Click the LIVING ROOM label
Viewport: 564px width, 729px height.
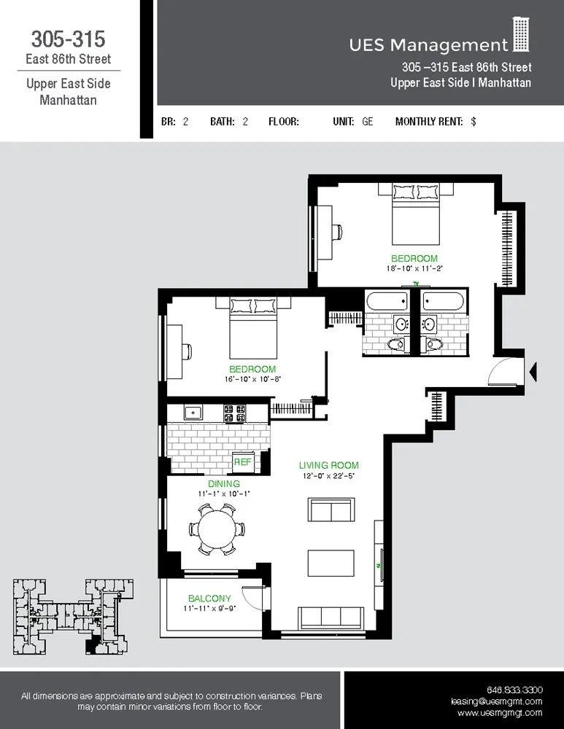point(328,465)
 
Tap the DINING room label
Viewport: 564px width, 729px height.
point(223,484)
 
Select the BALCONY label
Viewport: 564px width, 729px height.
point(209,598)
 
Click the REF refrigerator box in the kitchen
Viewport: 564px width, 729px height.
point(242,462)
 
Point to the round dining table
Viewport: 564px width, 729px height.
point(217,528)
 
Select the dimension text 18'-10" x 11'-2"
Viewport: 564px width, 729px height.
point(414,268)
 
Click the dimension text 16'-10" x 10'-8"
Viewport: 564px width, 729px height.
point(252,379)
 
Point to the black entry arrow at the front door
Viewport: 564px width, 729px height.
point(533,372)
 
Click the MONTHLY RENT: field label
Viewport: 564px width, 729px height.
point(428,122)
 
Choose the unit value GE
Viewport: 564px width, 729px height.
point(367,122)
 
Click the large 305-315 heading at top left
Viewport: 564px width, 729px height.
point(68,38)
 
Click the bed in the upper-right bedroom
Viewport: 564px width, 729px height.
point(415,213)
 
